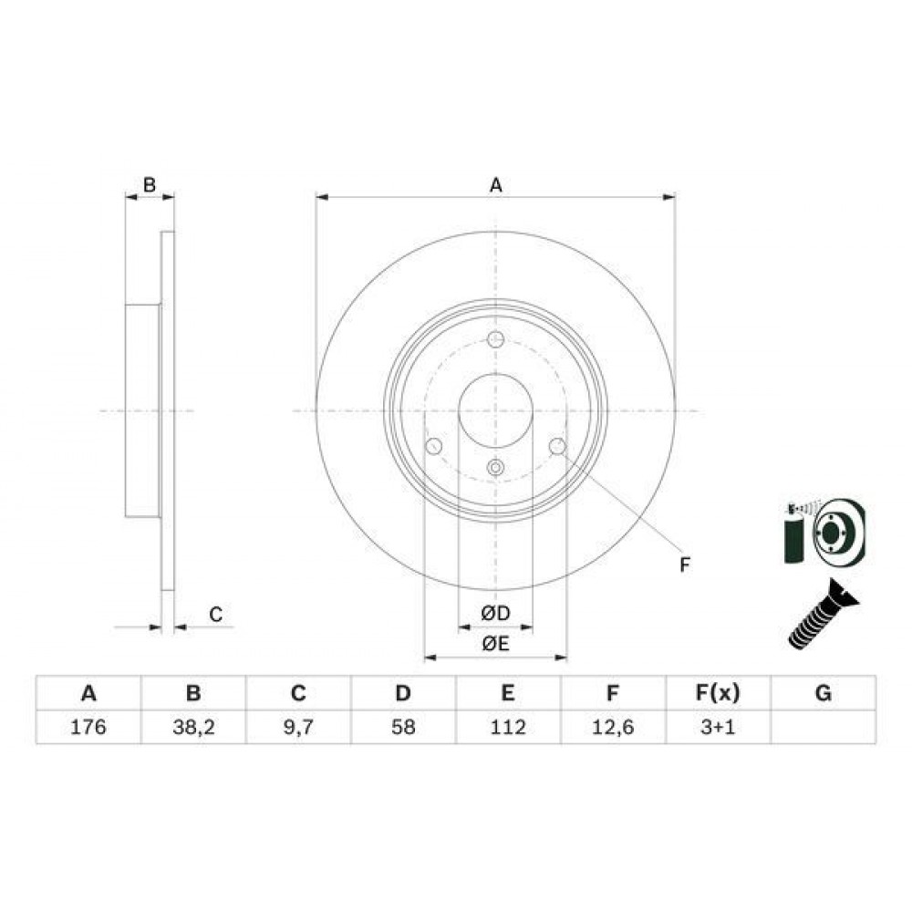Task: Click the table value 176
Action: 88,727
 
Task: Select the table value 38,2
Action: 193,728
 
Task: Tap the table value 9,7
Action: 298,728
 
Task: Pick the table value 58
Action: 403,727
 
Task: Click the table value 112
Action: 508,727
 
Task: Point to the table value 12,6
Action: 613,728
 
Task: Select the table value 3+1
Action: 718,727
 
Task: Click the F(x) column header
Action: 718,693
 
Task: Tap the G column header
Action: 824,693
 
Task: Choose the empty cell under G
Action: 824,727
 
